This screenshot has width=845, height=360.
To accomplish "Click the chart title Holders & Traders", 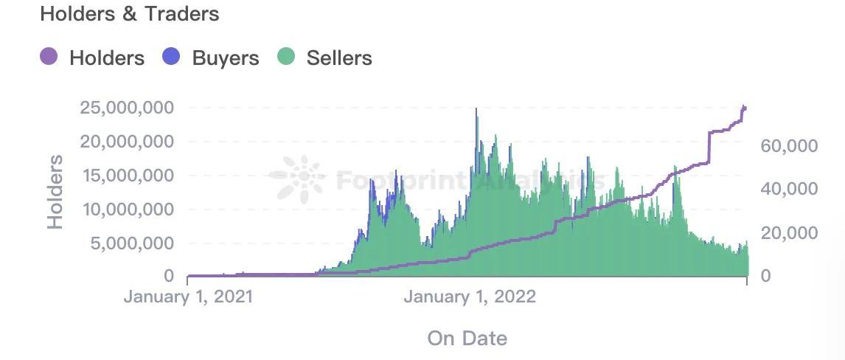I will click(130, 14).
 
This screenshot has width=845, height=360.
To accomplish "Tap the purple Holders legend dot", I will click(49, 57).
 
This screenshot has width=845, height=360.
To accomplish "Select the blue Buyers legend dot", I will click(171, 57).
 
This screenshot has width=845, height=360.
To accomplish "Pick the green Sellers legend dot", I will click(286, 57).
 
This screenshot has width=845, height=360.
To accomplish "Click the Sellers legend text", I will click(339, 58).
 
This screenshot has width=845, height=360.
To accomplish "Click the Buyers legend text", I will click(226, 58).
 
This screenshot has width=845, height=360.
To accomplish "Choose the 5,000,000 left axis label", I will click(132, 243).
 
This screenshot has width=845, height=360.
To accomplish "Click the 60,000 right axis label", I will click(789, 146).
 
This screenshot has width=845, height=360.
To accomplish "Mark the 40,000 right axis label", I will click(789, 189).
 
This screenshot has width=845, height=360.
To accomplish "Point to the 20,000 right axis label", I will click(789, 233).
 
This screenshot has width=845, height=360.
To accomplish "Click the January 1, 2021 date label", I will click(188, 297).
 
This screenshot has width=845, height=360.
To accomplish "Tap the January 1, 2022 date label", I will click(470, 297).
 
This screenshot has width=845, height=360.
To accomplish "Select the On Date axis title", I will click(467, 339).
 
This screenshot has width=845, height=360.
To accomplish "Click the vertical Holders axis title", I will click(55, 192).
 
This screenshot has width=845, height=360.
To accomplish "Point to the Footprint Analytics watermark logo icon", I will click(296, 179).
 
